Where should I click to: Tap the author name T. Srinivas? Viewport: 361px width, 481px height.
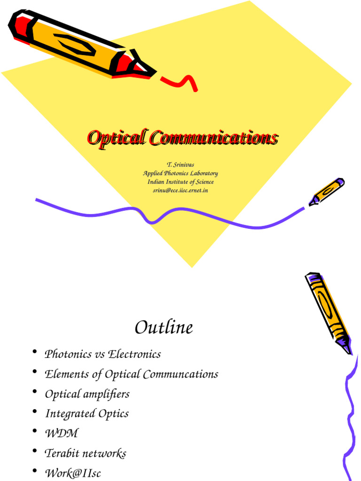[180, 165]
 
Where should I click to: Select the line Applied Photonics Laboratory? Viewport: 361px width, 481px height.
[180, 173]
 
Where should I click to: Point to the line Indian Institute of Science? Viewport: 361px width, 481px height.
[180, 182]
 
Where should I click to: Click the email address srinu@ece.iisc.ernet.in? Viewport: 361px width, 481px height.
[180, 190]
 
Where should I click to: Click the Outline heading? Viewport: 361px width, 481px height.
[164, 327]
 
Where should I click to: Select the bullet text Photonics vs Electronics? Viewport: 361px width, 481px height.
[102, 354]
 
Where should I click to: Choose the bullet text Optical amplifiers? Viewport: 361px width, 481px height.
[87, 394]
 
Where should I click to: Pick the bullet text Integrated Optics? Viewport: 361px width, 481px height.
[86, 414]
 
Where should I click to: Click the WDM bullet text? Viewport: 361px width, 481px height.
[61, 434]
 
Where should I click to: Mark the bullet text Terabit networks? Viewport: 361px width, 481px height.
[85, 453]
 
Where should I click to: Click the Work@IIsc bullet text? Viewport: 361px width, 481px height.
[72, 473]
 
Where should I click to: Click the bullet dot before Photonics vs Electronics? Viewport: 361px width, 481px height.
[35, 352]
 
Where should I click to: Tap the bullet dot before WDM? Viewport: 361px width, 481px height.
[35, 432]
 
